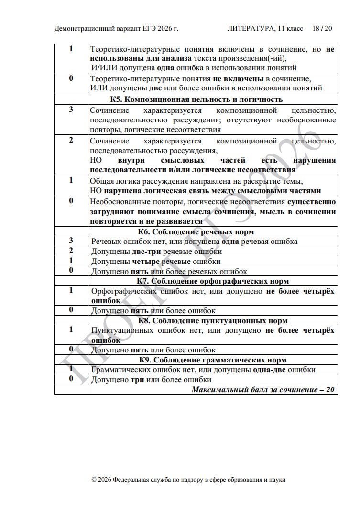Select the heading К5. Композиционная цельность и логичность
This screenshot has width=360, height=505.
click(196, 99)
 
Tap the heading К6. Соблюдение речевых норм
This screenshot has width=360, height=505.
click(196, 232)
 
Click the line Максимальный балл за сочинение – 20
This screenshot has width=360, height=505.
click(263, 389)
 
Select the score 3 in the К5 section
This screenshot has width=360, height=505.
click(71, 110)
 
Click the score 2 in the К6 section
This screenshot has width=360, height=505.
click(71, 251)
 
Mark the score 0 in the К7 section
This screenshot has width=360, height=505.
click(71, 310)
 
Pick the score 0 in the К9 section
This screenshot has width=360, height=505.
click(71, 379)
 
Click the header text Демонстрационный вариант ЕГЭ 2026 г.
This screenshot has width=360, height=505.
click(116, 29)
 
